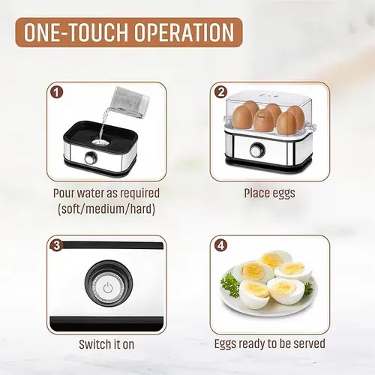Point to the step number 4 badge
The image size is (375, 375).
click(220, 244)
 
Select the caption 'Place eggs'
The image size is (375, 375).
click(269, 193)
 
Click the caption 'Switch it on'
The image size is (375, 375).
click(106, 345)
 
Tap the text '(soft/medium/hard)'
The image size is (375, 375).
click(106, 209)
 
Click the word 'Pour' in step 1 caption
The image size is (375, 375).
click(65, 193)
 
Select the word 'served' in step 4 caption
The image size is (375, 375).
click(308, 344)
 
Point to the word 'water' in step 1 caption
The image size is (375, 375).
click(94, 193)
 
